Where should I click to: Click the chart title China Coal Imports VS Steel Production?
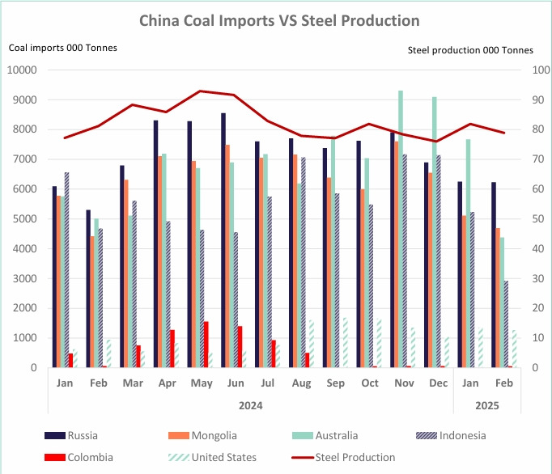[279, 20]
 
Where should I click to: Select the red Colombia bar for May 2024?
[206, 345]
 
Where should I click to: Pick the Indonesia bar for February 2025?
[506, 324]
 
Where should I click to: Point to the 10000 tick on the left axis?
[23, 70]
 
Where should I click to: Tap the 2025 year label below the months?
[486, 404]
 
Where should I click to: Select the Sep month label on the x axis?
[334, 383]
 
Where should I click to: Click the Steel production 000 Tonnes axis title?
[470, 50]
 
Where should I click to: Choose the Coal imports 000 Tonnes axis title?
[63, 48]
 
